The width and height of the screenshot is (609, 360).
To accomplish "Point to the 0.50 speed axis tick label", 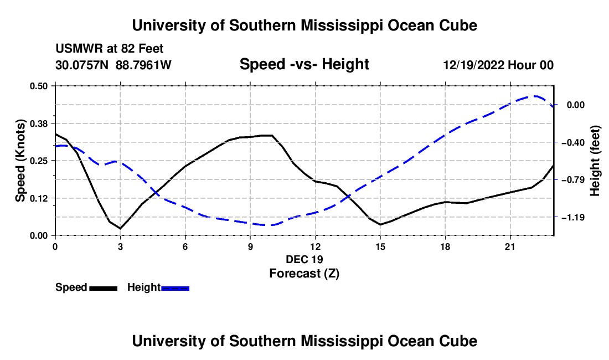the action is (38, 86).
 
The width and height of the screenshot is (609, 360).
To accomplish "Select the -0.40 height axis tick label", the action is (573, 142).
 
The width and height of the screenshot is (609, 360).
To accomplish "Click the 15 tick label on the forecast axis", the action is (380, 246).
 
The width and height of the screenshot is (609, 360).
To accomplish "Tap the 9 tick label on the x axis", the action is (250, 246).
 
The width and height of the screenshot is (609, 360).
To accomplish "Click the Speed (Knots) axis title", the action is (20, 161).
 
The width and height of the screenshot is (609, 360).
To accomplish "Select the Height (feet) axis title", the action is (595, 161).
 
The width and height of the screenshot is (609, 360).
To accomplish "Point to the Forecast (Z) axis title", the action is (304, 274).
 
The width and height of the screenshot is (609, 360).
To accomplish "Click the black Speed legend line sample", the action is (104, 288).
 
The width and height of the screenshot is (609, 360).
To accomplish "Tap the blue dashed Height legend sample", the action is (175, 288).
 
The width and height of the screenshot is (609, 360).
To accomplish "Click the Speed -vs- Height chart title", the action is (304, 64).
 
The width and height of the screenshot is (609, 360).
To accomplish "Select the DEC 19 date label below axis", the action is (304, 259).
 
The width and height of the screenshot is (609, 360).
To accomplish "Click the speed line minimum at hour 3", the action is (120, 228).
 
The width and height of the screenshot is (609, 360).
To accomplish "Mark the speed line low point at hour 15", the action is (380, 224).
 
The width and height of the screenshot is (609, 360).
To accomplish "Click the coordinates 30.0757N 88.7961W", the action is (113, 65).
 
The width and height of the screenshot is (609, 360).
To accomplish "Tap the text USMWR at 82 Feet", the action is (110, 49).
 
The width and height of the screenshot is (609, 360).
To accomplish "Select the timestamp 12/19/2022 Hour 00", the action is (498, 65).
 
